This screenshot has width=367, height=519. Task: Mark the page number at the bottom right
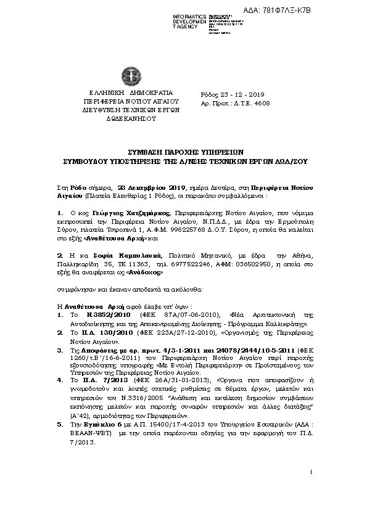pos(313,472)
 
